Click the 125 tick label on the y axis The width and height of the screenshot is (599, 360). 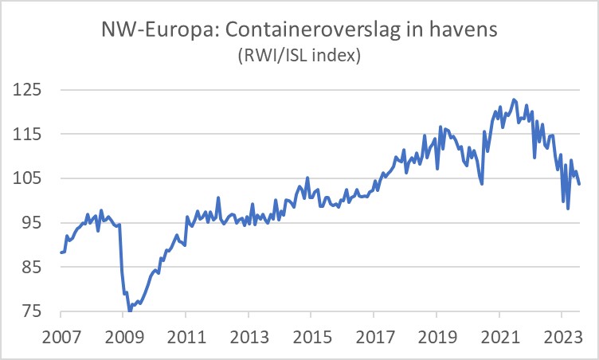pyautogui.click(x=31, y=90)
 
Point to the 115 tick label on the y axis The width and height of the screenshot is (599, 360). pyautogui.click(x=31, y=135)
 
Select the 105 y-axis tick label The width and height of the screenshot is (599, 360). pyautogui.click(x=31, y=178)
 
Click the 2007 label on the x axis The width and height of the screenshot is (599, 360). pyautogui.click(x=61, y=335)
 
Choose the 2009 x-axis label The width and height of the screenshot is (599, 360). pyautogui.click(x=123, y=335)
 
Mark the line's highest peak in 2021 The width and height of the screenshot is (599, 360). pyautogui.click(x=515, y=100)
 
